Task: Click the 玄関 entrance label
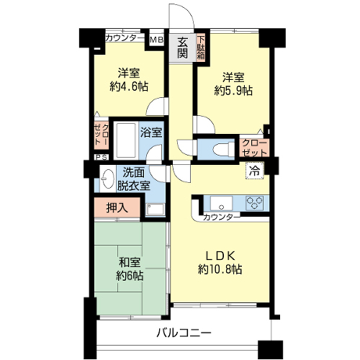[x=182, y=48]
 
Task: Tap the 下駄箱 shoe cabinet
[x=201, y=48]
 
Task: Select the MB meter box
[x=156, y=39]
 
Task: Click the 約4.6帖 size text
[x=129, y=86]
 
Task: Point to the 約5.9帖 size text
[x=233, y=91]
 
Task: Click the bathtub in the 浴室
[x=126, y=140]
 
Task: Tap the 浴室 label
[x=151, y=132]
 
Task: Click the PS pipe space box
[x=102, y=157]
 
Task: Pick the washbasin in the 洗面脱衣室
[x=108, y=179]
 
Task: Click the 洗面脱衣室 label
[x=133, y=179]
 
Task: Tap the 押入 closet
[x=117, y=208]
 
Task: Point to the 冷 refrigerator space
[x=254, y=171]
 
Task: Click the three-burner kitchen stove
[x=254, y=203]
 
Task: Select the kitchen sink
[x=221, y=204]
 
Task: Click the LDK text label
[x=220, y=256]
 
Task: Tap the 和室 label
[x=130, y=263]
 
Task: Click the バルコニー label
[x=184, y=333]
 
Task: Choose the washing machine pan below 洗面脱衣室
[x=156, y=210]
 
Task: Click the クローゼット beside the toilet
[x=254, y=148]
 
